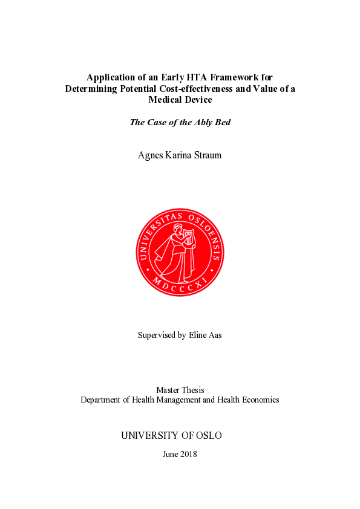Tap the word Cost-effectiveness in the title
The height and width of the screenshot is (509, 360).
pyautogui.click(x=201, y=88)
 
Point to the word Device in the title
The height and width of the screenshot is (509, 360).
pyautogui.click(x=197, y=99)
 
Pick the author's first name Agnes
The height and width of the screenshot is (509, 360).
pyautogui.click(x=151, y=155)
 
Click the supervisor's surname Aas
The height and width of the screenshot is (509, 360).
pyautogui.click(x=215, y=335)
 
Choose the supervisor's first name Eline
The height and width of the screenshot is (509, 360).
pyautogui.click(x=197, y=335)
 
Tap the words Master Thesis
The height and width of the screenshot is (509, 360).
pyautogui.click(x=180, y=390)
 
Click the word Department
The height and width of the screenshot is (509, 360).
pyautogui.click(x=100, y=400)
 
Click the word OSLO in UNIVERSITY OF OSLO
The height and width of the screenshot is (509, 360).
pyautogui.click(x=211, y=436)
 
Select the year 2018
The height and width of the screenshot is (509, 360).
pyautogui.click(x=188, y=455)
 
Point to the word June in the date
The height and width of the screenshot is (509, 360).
pyautogui.click(x=171, y=455)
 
